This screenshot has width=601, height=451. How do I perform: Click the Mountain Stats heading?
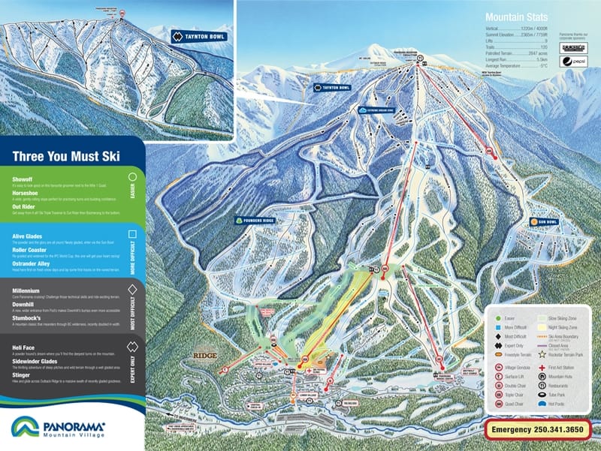click(516, 17)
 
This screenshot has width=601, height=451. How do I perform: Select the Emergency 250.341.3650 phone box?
click(537, 430)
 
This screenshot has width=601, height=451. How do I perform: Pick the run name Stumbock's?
click(29, 318)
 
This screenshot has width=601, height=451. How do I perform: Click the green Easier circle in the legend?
click(497, 317)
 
